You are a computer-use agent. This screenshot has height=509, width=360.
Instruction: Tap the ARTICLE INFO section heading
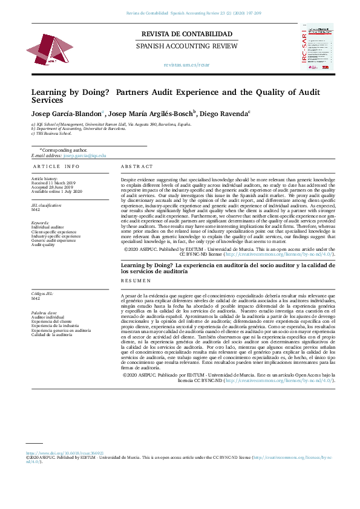[x=56, y=166]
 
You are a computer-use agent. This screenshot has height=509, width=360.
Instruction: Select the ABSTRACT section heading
[x=137, y=166]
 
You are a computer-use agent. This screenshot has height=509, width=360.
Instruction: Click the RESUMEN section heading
[x=136, y=282]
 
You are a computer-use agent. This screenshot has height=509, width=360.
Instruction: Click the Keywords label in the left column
[x=41, y=223]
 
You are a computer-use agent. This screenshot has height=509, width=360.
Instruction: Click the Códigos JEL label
[x=42, y=294]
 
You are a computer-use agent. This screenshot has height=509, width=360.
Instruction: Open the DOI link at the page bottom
[x=65, y=453]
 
